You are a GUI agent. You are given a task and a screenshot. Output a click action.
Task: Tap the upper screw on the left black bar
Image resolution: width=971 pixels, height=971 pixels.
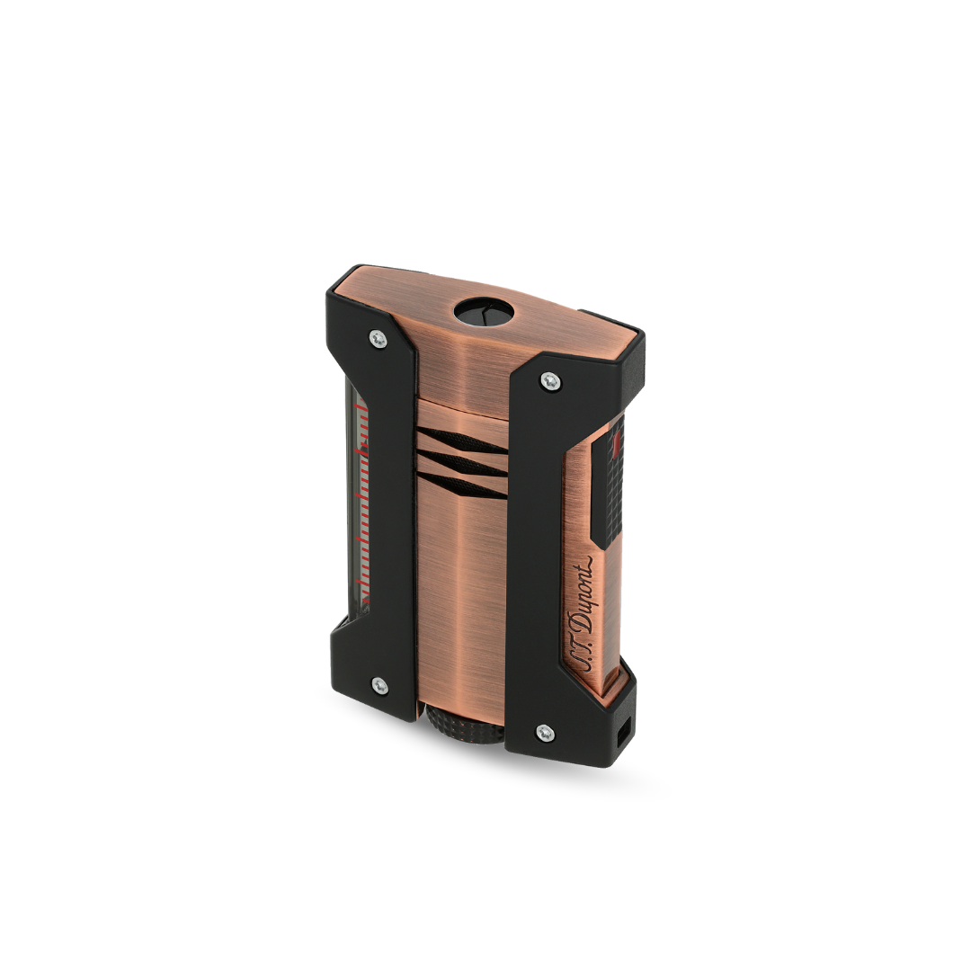click(x=378, y=339)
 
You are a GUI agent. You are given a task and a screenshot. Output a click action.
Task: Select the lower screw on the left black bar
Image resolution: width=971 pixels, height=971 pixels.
click(x=379, y=685)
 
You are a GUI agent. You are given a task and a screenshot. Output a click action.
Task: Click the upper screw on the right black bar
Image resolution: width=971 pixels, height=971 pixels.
click(x=550, y=381)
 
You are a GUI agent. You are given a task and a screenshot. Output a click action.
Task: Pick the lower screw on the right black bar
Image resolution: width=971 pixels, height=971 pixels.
click(x=545, y=733)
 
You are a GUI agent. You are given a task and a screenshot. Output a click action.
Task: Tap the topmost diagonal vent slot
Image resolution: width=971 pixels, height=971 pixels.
click(x=461, y=441)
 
